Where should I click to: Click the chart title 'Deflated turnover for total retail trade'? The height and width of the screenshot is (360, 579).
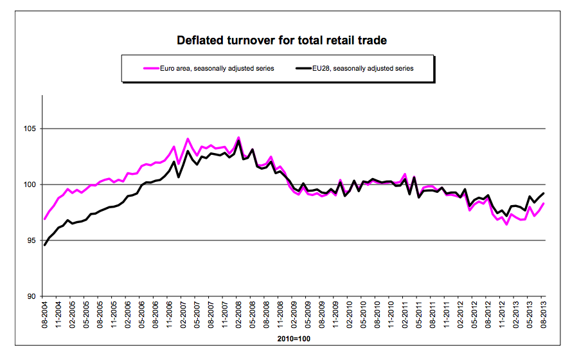point(281,40)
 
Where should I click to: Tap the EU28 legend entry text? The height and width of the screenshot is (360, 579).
point(363,68)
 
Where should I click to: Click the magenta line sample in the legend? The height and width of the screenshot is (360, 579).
point(134,68)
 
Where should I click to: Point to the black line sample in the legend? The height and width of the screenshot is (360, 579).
point(302,68)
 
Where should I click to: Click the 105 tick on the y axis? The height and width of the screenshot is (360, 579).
point(30,129)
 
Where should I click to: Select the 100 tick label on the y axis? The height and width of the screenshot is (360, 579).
point(30,185)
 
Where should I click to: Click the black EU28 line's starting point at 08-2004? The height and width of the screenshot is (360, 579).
point(44,245)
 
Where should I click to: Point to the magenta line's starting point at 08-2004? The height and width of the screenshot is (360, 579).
point(44,219)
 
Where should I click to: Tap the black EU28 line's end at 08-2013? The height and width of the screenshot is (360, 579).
point(544,194)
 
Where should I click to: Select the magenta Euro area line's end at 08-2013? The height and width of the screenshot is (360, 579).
point(544,204)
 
